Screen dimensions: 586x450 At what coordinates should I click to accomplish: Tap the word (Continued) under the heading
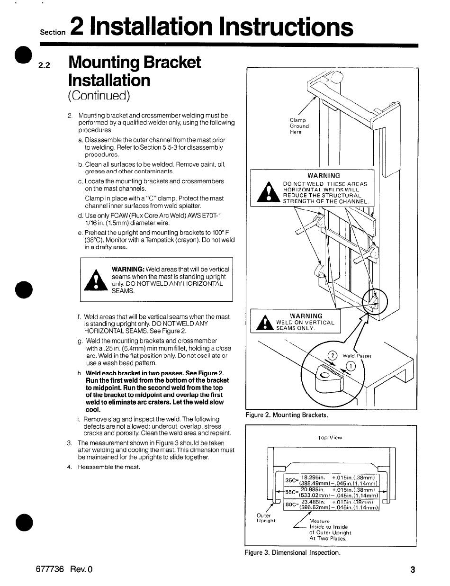click(99, 96)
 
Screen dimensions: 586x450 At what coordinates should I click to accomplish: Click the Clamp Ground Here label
click(299, 126)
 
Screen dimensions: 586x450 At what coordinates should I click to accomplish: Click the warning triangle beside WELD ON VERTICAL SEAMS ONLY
click(262, 324)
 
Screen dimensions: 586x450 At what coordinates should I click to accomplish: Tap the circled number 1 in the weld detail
click(351, 365)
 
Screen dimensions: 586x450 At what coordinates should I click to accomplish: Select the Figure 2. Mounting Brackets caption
click(287, 415)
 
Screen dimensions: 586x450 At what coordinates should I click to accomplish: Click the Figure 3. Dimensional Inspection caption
click(292, 552)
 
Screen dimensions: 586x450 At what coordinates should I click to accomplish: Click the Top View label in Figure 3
click(330, 438)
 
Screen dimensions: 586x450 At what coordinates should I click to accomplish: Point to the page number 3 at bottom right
click(413, 570)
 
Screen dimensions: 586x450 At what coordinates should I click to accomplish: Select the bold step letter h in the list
click(80, 373)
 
